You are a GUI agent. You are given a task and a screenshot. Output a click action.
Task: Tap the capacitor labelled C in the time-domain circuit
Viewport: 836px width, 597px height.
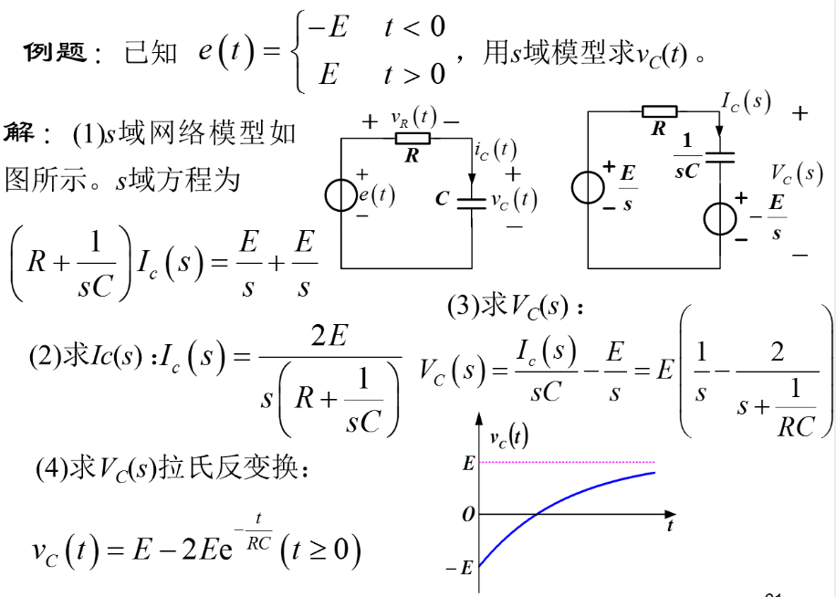pyautogui.click(x=471, y=200)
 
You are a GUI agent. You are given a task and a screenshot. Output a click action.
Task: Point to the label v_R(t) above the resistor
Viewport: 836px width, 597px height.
pyautogui.click(x=413, y=118)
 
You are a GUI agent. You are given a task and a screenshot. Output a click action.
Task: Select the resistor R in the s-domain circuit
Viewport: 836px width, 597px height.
pyautogui.click(x=659, y=111)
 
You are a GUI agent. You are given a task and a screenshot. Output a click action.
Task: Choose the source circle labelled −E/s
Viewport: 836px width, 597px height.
pyautogui.click(x=721, y=218)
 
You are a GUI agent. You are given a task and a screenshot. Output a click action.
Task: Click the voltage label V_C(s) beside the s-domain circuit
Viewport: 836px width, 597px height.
pyautogui.click(x=796, y=173)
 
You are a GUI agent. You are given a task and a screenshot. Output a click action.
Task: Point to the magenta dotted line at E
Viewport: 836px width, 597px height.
pyautogui.click(x=566, y=463)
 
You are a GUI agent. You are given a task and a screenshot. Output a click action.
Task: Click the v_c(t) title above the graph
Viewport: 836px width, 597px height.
pyautogui.click(x=509, y=438)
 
